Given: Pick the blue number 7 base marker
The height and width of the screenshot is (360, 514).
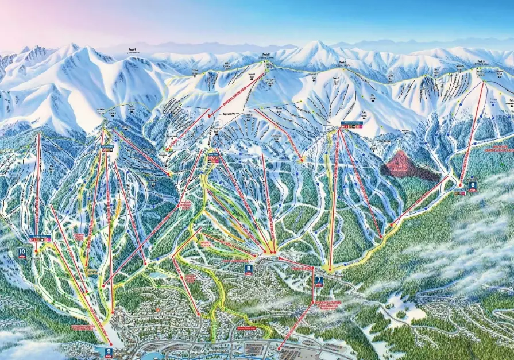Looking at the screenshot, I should pyautogui.click(x=319, y=281).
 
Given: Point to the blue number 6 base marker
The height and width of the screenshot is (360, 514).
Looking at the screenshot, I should pyautogui.click(x=472, y=185).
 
